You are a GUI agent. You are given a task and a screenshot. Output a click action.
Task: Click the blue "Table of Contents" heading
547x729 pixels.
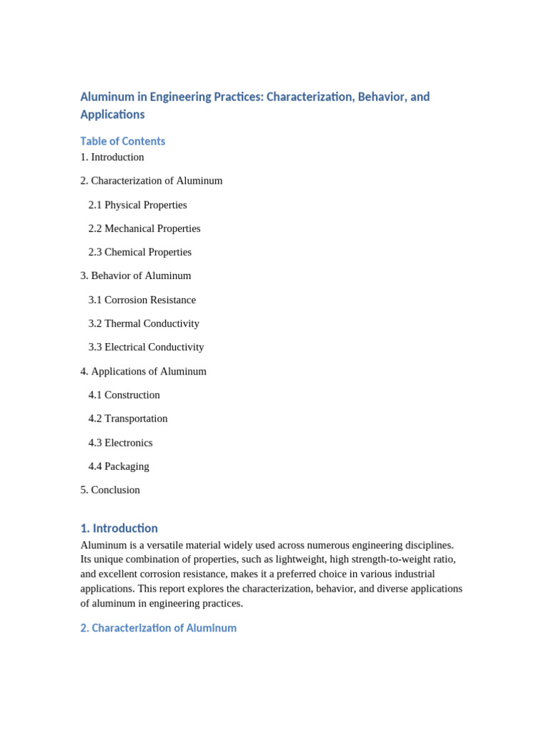point(123,141)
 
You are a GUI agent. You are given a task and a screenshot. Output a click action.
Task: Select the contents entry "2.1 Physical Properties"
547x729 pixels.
point(137,205)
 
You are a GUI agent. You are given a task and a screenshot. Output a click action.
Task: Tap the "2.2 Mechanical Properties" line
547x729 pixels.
point(144,229)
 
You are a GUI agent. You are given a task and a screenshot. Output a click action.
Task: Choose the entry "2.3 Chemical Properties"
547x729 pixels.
point(140,252)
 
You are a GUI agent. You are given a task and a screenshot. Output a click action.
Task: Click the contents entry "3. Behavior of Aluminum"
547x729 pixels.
point(135,276)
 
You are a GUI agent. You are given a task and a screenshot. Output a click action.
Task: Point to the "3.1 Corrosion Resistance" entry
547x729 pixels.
point(142,300)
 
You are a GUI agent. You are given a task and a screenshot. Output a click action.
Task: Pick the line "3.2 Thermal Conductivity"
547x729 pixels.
point(143,323)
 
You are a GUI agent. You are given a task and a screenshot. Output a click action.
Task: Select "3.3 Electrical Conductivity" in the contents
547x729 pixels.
point(146,347)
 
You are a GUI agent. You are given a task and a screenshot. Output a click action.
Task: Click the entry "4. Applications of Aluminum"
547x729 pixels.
point(143,371)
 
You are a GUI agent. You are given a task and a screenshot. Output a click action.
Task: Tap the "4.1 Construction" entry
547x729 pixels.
point(124,395)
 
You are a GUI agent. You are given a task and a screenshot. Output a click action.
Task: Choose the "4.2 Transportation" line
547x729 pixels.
point(127,419)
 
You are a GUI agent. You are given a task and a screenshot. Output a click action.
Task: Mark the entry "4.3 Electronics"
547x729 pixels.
point(120,443)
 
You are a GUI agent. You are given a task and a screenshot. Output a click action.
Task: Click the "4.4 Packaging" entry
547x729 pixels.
point(118,466)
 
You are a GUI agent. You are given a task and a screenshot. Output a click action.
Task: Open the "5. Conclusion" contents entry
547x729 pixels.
point(110,490)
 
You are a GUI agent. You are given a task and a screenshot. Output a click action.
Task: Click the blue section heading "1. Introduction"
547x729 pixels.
point(119,528)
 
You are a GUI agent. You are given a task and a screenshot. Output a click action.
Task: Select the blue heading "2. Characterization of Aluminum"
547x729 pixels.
point(158,628)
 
